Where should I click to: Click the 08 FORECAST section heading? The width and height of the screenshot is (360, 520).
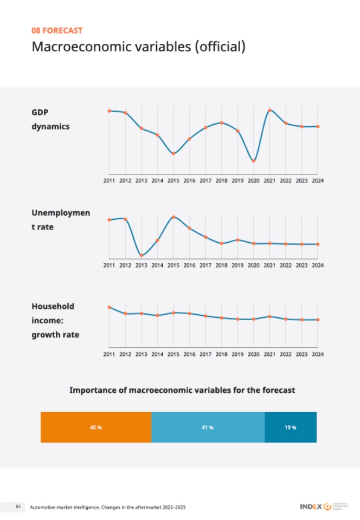coord(57,31)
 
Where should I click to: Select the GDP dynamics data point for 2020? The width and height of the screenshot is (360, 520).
coord(254,161)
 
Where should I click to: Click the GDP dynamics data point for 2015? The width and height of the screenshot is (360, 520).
coord(173,153)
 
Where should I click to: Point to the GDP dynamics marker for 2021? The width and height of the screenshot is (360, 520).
coord(269,110)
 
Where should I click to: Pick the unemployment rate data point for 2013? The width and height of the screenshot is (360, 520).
coord(141,255)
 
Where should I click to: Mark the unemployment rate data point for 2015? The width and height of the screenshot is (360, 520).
coord(173,217)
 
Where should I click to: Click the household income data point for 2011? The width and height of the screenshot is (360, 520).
coord(110,307)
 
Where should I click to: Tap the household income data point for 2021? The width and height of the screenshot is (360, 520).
coord(269,316)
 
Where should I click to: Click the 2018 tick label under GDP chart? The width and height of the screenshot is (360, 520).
coord(221,181)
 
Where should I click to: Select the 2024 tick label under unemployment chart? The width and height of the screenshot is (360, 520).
coord(318,265)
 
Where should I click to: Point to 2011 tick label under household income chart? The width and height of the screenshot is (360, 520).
coord(110,354)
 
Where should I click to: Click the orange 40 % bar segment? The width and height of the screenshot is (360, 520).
coord(96,427)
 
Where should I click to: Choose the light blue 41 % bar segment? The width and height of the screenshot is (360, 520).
coord(208,427)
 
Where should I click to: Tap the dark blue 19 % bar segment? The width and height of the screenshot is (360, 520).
coord(290,427)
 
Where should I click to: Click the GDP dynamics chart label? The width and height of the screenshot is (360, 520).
coord(50,119)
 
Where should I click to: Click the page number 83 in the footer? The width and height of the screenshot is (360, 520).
coord(18,506)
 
